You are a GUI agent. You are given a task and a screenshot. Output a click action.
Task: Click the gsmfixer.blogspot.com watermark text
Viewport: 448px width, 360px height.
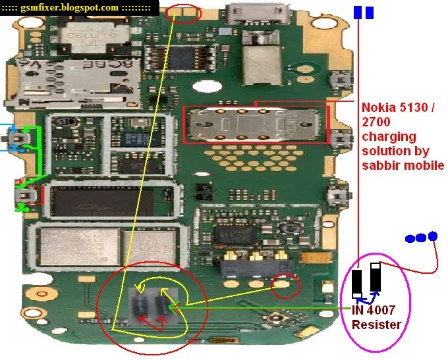(79, 8)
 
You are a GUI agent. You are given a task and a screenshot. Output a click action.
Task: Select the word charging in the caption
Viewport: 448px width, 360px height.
(389, 137)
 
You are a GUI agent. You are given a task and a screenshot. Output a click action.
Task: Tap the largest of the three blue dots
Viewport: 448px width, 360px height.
(432, 236)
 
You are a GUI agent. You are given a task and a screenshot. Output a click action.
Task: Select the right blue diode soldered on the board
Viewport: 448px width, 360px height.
(162, 305)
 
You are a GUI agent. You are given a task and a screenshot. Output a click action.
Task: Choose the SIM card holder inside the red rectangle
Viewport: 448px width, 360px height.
(254, 124)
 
